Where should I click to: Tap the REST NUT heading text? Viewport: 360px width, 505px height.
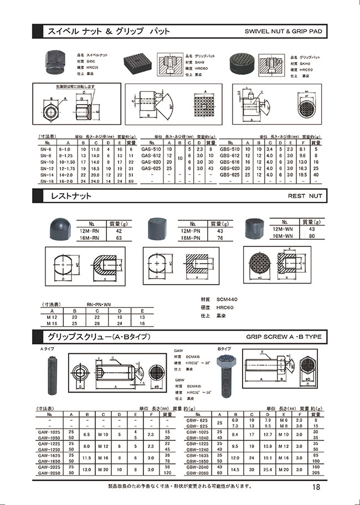click(x=305, y=196)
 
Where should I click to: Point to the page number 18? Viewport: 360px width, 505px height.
click(x=316, y=487)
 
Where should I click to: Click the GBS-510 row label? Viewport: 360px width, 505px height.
click(x=230, y=150)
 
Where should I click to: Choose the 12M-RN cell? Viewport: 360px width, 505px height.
click(x=89, y=231)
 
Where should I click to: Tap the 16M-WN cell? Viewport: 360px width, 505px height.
click(x=282, y=235)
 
